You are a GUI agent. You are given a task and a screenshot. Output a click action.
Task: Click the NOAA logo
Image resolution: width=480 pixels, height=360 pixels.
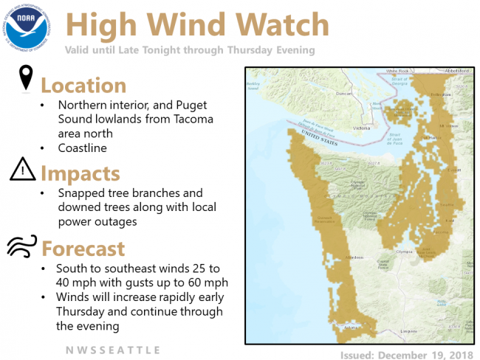point(27,27)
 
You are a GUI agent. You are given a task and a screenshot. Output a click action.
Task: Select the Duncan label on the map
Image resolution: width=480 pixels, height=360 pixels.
point(344,94)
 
